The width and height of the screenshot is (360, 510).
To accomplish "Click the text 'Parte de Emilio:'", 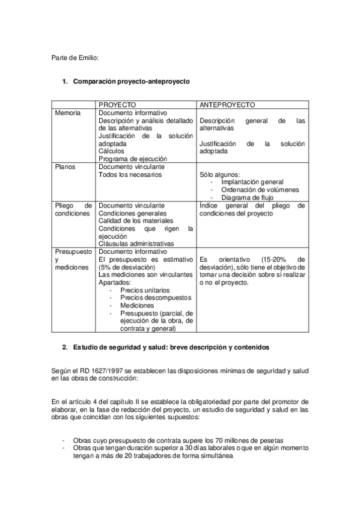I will click(75, 58).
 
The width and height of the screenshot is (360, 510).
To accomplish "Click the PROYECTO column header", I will click(117, 105).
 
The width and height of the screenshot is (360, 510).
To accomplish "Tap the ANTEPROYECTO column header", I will click(227, 105).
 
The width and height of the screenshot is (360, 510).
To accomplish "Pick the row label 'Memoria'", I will click(67, 112).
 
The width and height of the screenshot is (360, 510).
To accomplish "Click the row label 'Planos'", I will click(65, 167).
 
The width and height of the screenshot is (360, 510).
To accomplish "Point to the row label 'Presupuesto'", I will click(72, 251).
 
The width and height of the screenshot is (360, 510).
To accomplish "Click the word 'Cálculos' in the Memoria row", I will click(112, 152).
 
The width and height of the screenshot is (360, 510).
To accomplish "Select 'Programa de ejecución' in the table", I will click(133, 159).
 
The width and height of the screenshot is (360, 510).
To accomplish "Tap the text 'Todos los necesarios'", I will click(130, 174).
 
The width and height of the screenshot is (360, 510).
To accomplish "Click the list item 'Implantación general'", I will click(252, 182).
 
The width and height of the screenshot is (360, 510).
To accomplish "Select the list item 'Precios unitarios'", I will click(145, 290).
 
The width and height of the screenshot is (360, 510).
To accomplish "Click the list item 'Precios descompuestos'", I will click(156, 298).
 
